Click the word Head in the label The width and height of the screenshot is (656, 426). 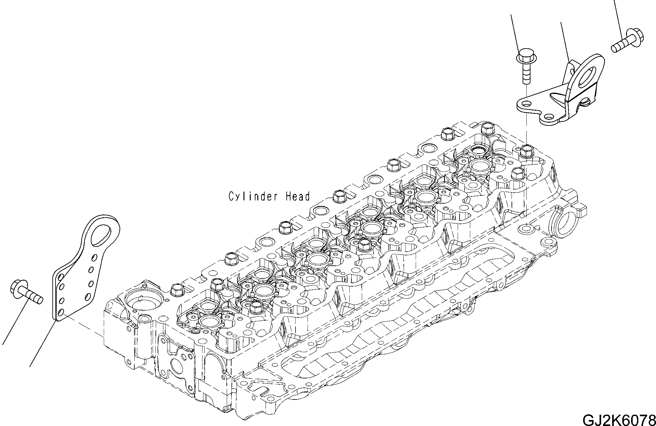coord(298,197)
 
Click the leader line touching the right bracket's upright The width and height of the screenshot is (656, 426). coord(564,41)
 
